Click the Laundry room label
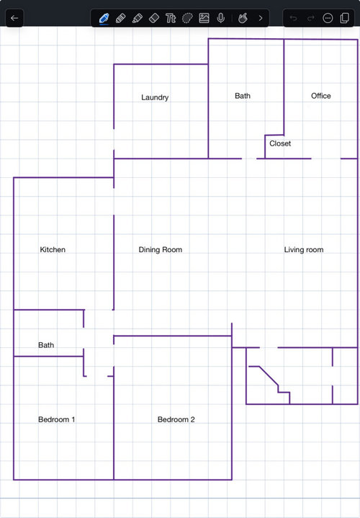coord(155,97)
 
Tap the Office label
coord(320,96)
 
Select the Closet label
coord(280,143)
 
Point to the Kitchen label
coord(53,250)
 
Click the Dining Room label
coord(160,250)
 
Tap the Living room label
coord(304,250)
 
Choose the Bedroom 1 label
coord(56,419)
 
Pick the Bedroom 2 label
coord(176,419)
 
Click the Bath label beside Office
coord(243,96)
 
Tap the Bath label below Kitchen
coord(46,345)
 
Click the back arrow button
coord(14,18)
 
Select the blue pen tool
coord(104,18)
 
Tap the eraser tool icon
coord(154,18)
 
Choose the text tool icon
coord(171,18)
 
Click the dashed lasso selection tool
coord(187,18)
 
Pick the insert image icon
coord(204,18)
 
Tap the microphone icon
coord(220,18)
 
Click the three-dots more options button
coord(328,18)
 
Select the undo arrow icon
coord(293,18)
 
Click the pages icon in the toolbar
coord(344,18)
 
